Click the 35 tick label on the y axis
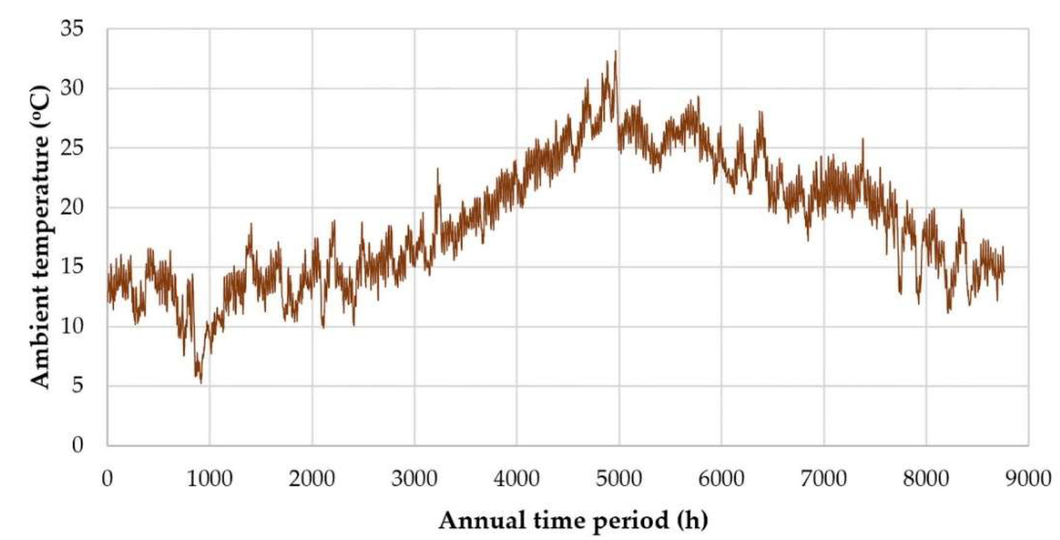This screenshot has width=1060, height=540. click(x=71, y=29)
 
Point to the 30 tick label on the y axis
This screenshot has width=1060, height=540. click(x=71, y=89)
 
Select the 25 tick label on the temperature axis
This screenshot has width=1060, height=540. click(x=71, y=148)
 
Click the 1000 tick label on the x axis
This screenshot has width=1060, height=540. click(x=209, y=479)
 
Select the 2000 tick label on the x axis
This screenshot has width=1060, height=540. click(x=312, y=479)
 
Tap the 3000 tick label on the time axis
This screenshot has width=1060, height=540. click(x=414, y=479)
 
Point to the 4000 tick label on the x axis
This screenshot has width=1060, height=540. click(x=517, y=479)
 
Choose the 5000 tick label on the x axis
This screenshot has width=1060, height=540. click(x=619, y=479)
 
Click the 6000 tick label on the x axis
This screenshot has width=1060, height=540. click(x=722, y=479)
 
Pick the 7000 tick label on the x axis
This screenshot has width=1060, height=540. click(x=824, y=479)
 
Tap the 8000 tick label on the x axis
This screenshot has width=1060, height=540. click(x=927, y=479)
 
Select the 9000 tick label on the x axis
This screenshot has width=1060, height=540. click(x=1029, y=479)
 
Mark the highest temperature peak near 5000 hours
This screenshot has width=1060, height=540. click(x=615, y=51)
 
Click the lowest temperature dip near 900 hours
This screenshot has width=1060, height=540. click(x=201, y=383)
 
